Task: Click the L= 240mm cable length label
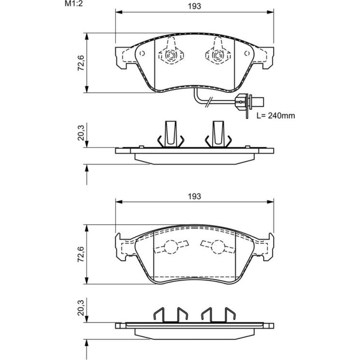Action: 275,116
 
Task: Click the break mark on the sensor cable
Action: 208,103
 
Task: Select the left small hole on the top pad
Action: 142,54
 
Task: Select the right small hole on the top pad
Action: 247,54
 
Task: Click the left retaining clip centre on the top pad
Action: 171,55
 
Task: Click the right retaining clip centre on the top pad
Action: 217,55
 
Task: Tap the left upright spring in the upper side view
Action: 171,134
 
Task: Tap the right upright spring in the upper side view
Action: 218,134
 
